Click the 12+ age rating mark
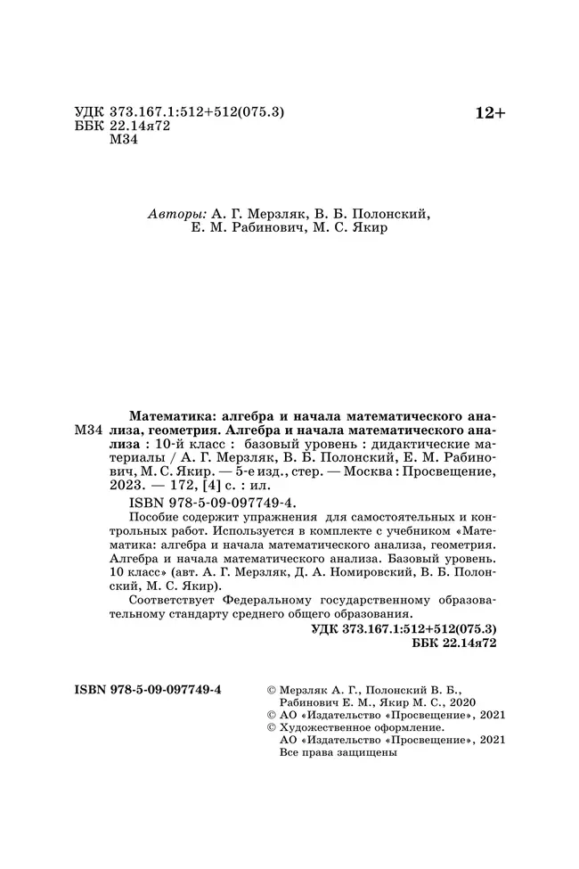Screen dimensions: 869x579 [489, 112]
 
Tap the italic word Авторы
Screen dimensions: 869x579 [175, 214]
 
